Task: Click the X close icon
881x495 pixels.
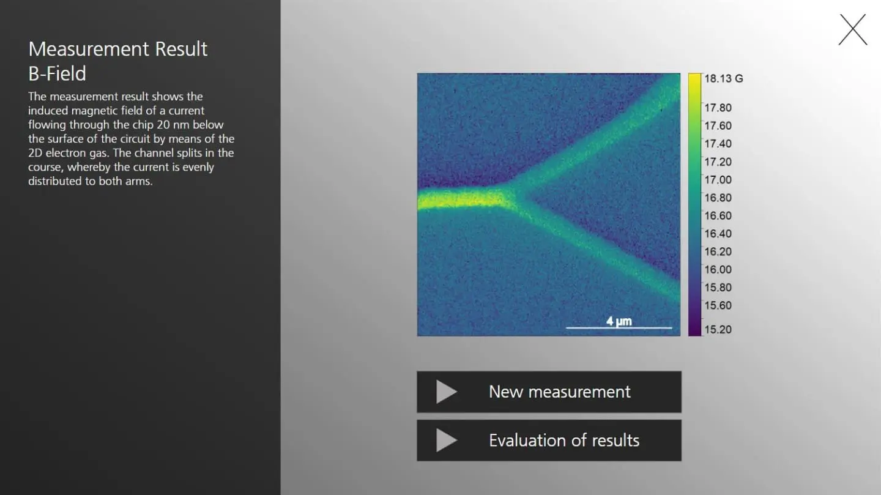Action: [x=852, y=29]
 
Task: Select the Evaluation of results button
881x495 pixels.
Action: [x=549, y=440]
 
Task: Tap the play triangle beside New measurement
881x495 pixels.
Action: [x=446, y=392]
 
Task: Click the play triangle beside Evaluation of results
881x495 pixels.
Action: [x=446, y=441]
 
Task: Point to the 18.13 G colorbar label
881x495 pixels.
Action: [x=723, y=78]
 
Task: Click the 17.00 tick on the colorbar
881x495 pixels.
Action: [x=718, y=180]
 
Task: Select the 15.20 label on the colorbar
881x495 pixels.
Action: [x=718, y=329]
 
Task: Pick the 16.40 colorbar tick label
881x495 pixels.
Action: [x=718, y=234]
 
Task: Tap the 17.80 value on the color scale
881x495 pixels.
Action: [x=718, y=108]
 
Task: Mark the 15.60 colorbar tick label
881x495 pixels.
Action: [x=718, y=305]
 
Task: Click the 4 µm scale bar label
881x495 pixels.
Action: [x=619, y=321]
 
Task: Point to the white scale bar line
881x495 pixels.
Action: [x=619, y=328]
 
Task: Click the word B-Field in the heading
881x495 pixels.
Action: [x=57, y=73]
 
